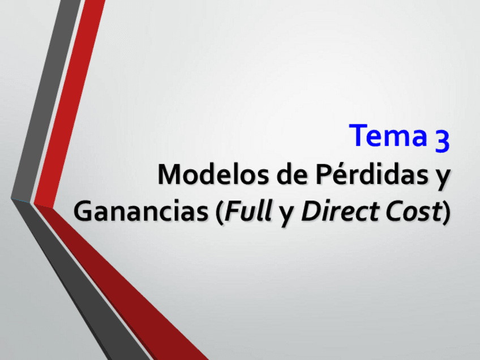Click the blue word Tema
[x=388, y=136]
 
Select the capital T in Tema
[x=358, y=136]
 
